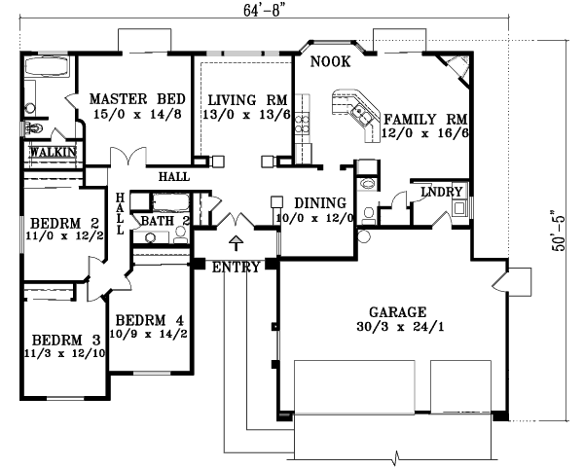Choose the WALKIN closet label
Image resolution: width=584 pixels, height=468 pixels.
[x=52, y=153]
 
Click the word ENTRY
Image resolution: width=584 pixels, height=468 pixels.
[x=236, y=268]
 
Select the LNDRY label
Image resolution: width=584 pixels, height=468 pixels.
[x=440, y=193]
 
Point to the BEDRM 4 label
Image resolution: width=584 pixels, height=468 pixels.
[x=149, y=320]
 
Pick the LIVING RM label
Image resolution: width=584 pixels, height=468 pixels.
[x=245, y=99]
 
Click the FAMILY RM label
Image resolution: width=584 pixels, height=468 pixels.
[x=426, y=116]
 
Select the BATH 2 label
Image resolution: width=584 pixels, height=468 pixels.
[x=164, y=221]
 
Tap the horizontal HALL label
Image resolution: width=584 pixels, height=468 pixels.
[x=174, y=176]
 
